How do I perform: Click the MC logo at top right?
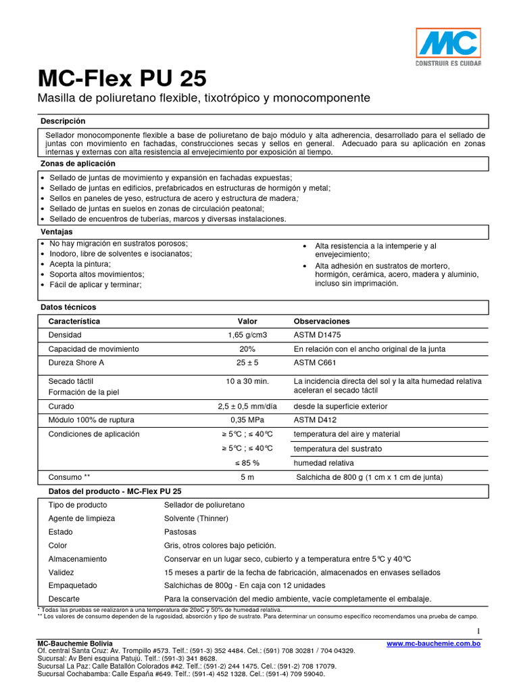pyautogui.click(x=448, y=49)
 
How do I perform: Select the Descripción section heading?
pyautogui.click(x=63, y=121)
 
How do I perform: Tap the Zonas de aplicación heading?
pyautogui.click(x=78, y=164)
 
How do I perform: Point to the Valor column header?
pyautogui.click(x=247, y=321)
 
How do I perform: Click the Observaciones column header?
pyautogui.click(x=322, y=321)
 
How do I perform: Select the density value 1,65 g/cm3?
pyautogui.click(x=247, y=335)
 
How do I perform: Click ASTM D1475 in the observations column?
pyautogui.click(x=318, y=335)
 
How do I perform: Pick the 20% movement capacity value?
pyautogui.click(x=247, y=349)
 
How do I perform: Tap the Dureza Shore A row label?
pyautogui.click(x=76, y=363)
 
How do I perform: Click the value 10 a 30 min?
pyautogui.click(x=247, y=382)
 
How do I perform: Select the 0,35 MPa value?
pyautogui.click(x=247, y=420)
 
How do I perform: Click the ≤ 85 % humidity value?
pyautogui.click(x=247, y=463)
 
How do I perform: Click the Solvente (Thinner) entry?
pyautogui.click(x=197, y=518)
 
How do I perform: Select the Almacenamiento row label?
pyautogui.click(x=78, y=559)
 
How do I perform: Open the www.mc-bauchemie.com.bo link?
pyautogui.click(x=433, y=644)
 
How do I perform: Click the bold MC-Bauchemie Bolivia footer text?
pyautogui.click(x=75, y=643)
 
